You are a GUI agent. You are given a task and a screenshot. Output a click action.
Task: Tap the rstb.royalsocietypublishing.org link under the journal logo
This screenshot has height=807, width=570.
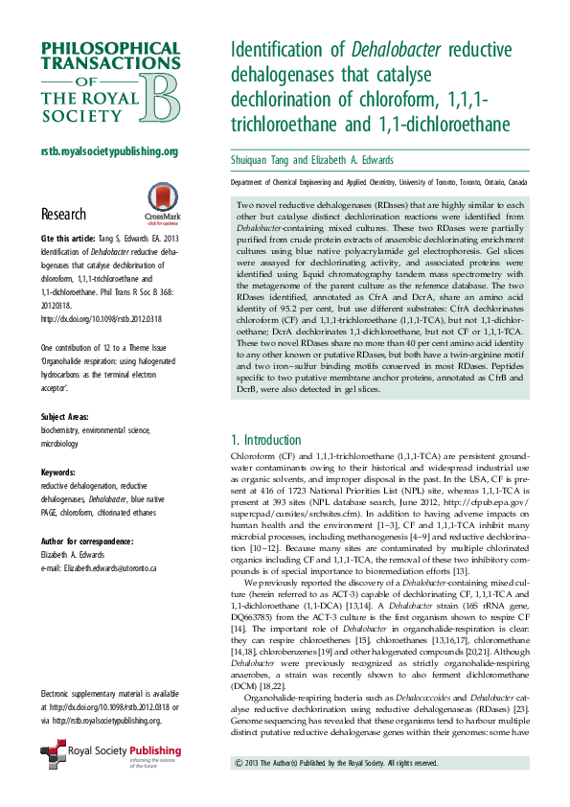108,152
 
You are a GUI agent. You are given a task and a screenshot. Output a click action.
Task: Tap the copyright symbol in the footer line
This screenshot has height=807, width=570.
239,763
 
